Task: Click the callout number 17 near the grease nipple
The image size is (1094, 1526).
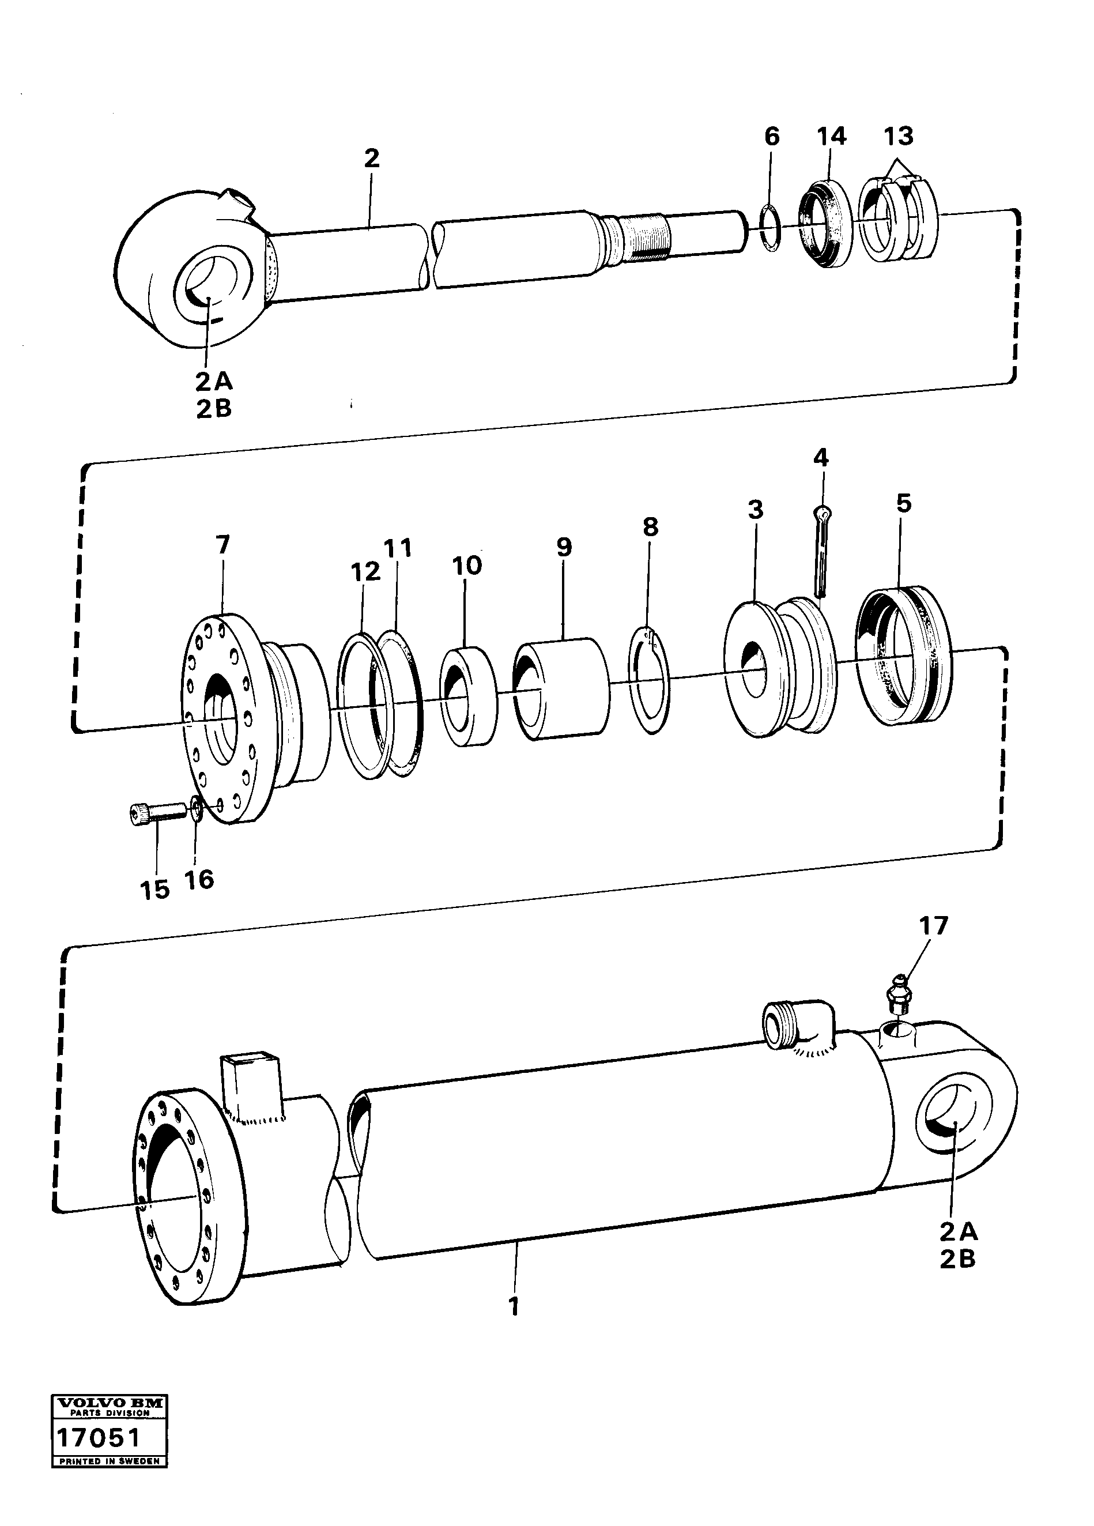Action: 934,926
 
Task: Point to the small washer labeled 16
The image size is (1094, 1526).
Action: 196,808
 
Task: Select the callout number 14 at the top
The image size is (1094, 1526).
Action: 831,137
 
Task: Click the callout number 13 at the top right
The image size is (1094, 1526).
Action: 899,137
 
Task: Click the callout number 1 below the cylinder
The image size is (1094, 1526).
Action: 514,1307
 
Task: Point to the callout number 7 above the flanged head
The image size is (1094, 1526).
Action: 222,544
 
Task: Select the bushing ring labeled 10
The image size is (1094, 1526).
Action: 467,696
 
